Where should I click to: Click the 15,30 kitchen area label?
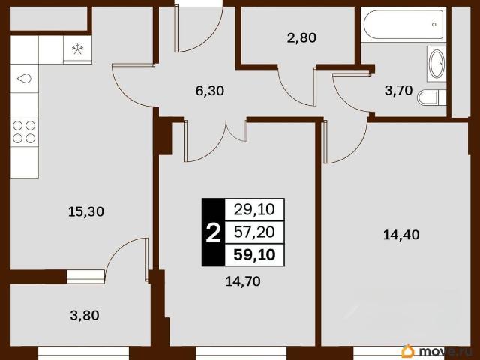click(x=86, y=211)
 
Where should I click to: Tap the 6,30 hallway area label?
click(x=210, y=91)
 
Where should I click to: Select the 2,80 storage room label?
click(x=301, y=38)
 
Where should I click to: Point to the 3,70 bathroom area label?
click(x=398, y=90)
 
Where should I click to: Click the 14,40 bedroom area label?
click(x=401, y=235)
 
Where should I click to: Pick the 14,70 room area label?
click(x=243, y=281)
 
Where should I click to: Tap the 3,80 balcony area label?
click(x=85, y=315)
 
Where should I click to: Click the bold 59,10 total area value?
click(x=254, y=255)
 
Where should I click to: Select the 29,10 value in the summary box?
click(x=254, y=210)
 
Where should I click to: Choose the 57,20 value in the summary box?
click(x=254, y=232)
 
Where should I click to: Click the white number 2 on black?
click(x=213, y=232)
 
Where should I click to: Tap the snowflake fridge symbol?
click(x=77, y=49)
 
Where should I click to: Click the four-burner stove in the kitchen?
click(x=24, y=132)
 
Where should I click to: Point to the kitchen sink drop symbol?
click(x=24, y=78)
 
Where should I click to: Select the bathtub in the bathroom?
click(x=403, y=25)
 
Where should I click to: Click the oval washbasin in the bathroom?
click(x=436, y=64)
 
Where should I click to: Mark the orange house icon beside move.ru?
click(x=408, y=351)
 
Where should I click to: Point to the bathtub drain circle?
click(x=433, y=24)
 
